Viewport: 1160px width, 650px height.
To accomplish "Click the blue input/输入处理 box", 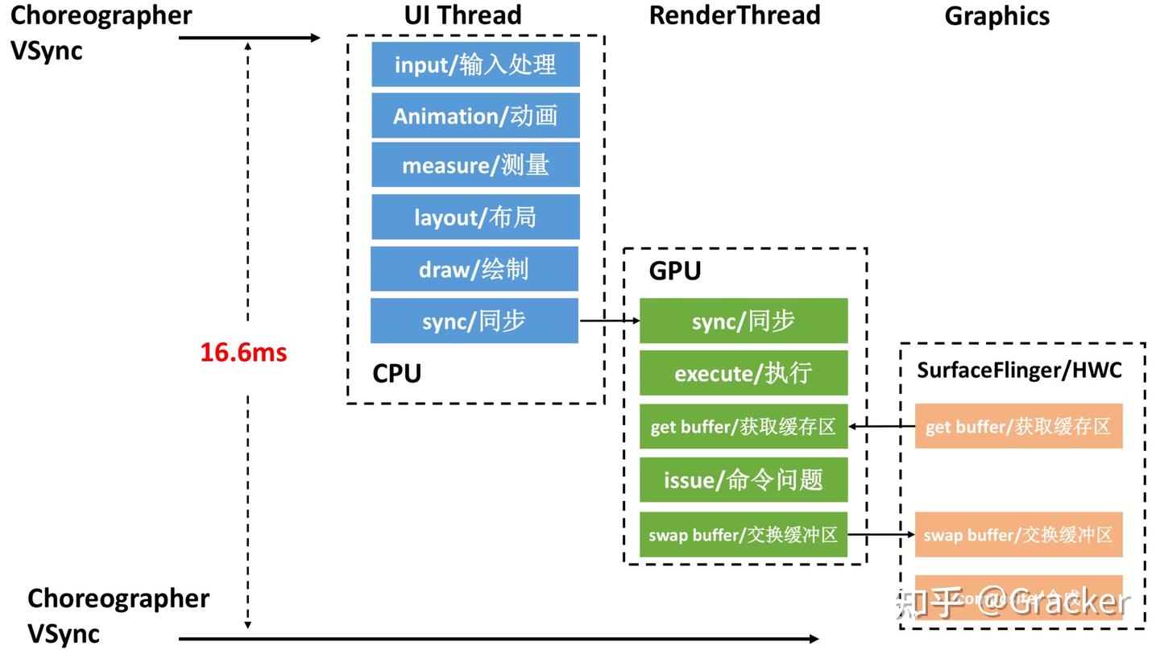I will pyautogui.click(x=475, y=64).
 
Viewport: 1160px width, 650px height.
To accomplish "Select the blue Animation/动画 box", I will pyautogui.click(x=475, y=116).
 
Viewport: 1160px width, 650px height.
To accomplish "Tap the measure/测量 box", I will pyautogui.click(x=475, y=166).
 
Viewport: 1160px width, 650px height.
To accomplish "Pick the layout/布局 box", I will pyautogui.click(x=475, y=217).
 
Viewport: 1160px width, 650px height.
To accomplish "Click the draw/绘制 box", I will pyautogui.click(x=474, y=269).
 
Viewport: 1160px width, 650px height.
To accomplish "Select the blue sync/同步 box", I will pyautogui.click(x=474, y=321).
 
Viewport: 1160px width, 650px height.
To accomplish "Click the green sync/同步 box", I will pyautogui.click(x=744, y=321).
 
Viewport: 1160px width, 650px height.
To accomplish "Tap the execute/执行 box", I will pyautogui.click(x=744, y=373).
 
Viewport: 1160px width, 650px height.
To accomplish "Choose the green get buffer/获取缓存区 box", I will pyautogui.click(x=744, y=426).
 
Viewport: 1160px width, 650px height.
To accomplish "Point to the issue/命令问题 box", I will pyautogui.click(x=744, y=480).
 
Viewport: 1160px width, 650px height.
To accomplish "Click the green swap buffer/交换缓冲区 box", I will pyautogui.click(x=744, y=534).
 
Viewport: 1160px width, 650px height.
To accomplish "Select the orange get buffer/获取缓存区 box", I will pyautogui.click(x=1018, y=426).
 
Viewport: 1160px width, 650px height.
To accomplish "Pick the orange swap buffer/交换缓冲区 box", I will pyautogui.click(x=1018, y=534).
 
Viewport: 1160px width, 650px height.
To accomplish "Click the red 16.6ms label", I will pyautogui.click(x=243, y=352).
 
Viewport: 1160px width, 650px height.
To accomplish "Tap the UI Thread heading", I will pyautogui.click(x=462, y=15).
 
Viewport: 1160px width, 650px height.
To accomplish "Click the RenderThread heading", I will pyautogui.click(x=735, y=15).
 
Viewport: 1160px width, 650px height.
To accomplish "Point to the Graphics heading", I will pyautogui.click(x=996, y=16).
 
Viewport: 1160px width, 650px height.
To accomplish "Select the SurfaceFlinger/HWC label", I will pyautogui.click(x=1019, y=370).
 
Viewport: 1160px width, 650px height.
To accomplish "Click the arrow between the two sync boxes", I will pyautogui.click(x=609, y=321).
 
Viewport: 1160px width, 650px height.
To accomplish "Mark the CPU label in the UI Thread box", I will pyautogui.click(x=396, y=374).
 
